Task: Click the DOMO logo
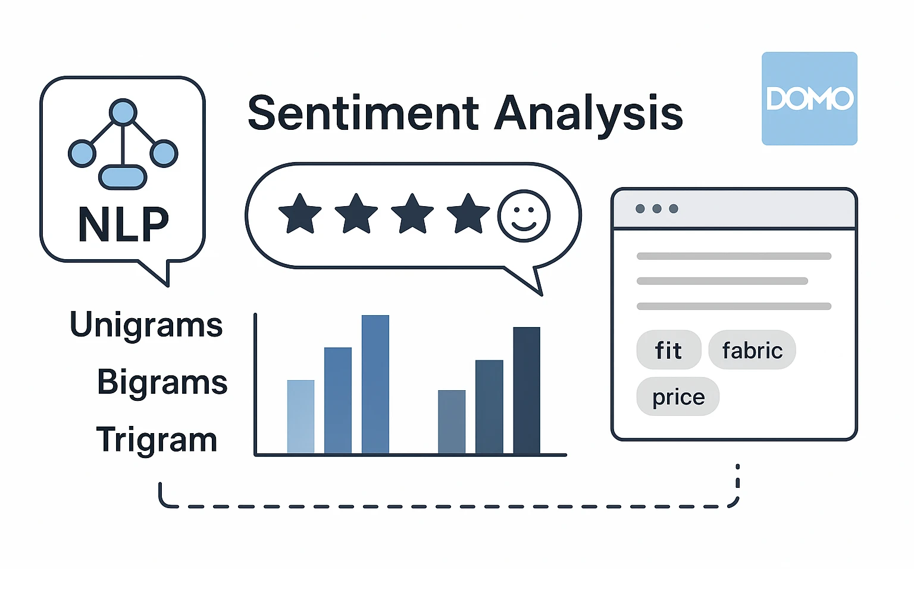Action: click(x=809, y=98)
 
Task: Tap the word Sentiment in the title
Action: click(x=363, y=113)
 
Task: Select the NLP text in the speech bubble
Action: click(x=123, y=224)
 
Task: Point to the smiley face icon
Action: click(x=524, y=216)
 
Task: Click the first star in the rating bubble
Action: click(x=300, y=214)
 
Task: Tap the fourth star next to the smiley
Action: click(x=468, y=214)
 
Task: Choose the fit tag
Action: click(x=669, y=350)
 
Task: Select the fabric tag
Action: click(x=752, y=350)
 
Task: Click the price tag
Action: click(x=678, y=396)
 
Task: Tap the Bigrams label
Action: click(x=162, y=383)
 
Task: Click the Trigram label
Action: click(x=156, y=440)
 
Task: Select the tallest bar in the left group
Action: click(x=375, y=384)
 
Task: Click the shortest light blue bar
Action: click(x=301, y=417)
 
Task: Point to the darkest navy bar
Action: click(x=527, y=390)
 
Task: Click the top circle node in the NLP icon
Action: click(x=123, y=112)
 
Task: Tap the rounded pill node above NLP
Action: click(x=123, y=177)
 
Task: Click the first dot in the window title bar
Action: click(x=640, y=208)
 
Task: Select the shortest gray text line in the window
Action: click(x=722, y=281)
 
